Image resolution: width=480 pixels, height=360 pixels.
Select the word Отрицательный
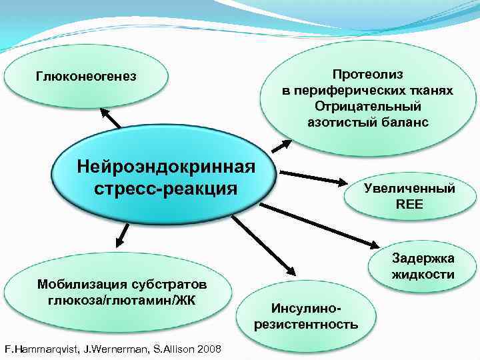(x=367, y=106)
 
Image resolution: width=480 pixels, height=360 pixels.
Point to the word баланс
(x=397, y=122)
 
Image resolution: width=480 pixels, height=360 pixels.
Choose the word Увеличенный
(x=409, y=188)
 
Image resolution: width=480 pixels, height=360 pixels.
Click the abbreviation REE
(x=409, y=205)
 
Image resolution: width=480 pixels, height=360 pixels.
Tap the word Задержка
(x=423, y=259)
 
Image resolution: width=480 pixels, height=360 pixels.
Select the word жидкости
(x=423, y=275)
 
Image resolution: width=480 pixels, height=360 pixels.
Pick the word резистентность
(x=306, y=325)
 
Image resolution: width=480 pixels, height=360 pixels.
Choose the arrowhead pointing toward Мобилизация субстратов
(x=122, y=237)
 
